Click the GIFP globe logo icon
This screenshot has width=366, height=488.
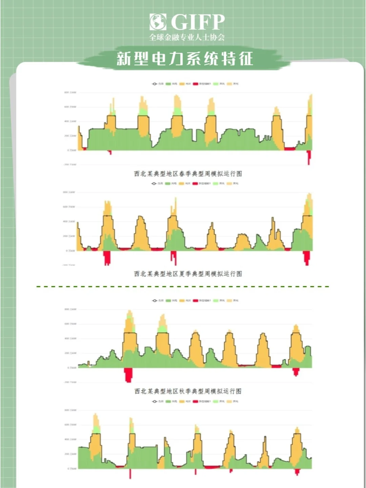158,22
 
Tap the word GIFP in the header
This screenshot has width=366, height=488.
198,22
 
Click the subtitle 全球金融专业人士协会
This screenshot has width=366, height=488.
187,37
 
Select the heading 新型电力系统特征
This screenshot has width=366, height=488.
185,58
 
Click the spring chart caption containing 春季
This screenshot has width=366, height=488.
188,174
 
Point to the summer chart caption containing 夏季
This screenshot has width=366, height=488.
188,273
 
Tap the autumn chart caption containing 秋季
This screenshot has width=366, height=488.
188,391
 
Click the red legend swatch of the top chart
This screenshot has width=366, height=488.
196,84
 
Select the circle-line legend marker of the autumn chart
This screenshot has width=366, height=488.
155,300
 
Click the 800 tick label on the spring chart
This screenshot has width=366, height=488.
70,92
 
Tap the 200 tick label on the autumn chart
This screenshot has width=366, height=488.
70,353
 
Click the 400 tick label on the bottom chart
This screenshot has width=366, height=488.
70,439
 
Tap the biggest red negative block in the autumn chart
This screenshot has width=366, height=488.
128,374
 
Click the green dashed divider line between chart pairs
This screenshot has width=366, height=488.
183,286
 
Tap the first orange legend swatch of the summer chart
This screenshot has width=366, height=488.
182,183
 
